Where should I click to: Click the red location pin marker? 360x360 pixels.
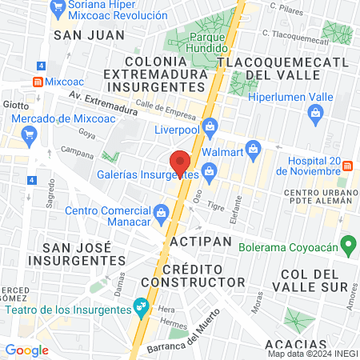(x=181, y=162)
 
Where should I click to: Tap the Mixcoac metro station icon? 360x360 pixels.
(x=37, y=81)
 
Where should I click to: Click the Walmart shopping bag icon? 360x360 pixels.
(x=254, y=148)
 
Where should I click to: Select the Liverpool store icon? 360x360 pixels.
(x=210, y=126)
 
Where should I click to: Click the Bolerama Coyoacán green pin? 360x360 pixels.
(x=347, y=243)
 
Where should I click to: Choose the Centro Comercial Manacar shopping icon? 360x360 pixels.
(x=161, y=211)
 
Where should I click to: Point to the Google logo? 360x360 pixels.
(x=26, y=350)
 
